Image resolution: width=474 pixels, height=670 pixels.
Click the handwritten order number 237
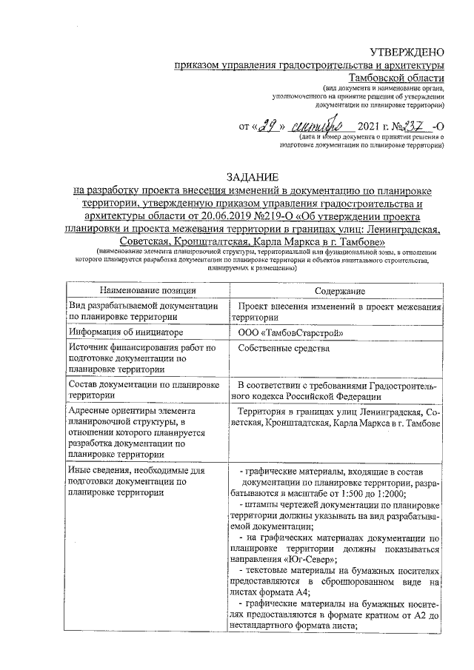(x=411, y=126)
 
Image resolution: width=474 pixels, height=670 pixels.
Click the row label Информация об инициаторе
(x=121, y=333)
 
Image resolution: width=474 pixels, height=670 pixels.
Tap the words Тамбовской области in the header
(x=397, y=77)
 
